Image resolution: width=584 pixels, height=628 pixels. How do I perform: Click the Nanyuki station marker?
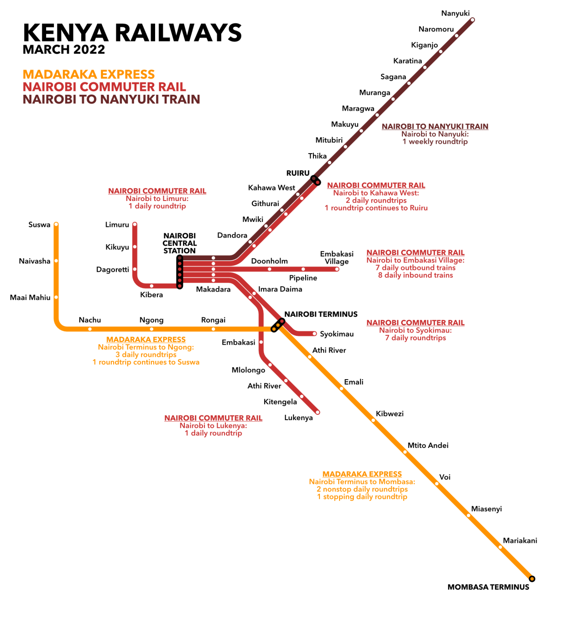pyautogui.click(x=472, y=20)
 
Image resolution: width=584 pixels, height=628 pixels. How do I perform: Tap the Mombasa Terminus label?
pyautogui.click(x=488, y=587)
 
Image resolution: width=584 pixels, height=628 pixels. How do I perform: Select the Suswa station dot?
pyautogui.click(x=56, y=224)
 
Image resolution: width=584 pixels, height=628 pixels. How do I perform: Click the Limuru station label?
pyautogui.click(x=117, y=225)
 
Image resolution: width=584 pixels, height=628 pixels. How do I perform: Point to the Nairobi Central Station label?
pyautogui.click(x=179, y=243)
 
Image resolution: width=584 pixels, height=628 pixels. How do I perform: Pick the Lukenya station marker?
pyautogui.click(x=318, y=412)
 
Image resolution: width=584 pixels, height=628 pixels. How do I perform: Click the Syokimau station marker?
pyautogui.click(x=314, y=334)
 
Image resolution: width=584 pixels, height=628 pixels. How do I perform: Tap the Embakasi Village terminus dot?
pyautogui.click(x=337, y=269)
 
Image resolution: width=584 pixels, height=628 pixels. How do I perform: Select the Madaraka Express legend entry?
pyautogui.click(x=89, y=74)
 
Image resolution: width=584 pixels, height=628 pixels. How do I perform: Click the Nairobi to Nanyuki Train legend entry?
pyautogui.click(x=111, y=99)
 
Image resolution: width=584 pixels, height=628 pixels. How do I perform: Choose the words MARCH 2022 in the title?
pyautogui.click(x=64, y=50)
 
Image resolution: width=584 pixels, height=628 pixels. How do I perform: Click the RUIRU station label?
pyautogui.click(x=298, y=173)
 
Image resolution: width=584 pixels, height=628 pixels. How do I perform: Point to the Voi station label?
pyautogui.click(x=445, y=477)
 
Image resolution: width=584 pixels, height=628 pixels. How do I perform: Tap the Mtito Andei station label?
pyautogui.click(x=428, y=445)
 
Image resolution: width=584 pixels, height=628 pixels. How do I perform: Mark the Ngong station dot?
pyautogui.click(x=151, y=329)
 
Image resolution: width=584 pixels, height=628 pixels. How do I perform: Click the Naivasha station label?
pyautogui.click(x=35, y=261)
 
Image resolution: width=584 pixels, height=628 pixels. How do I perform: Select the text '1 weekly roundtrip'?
pyautogui.click(x=435, y=142)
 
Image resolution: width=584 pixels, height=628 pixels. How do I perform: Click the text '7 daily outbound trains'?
pyautogui.click(x=415, y=268)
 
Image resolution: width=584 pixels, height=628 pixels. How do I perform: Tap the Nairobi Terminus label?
pyautogui.click(x=321, y=314)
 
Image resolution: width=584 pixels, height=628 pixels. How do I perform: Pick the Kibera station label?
pyautogui.click(x=151, y=295)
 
